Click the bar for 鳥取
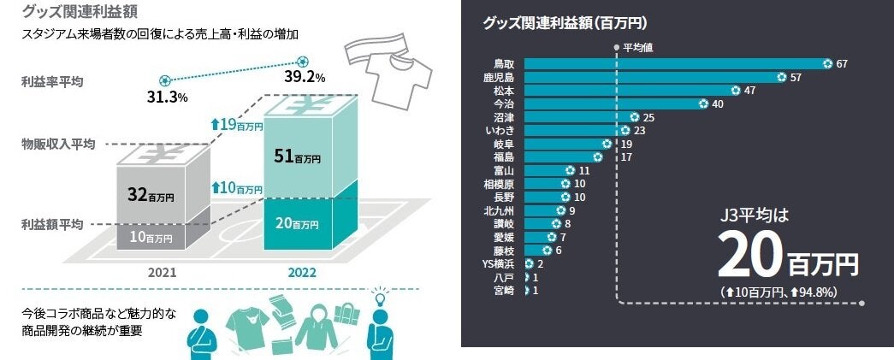[x=676, y=63]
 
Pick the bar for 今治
[x=612, y=103]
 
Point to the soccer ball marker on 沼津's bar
[x=635, y=117]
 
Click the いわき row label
[x=500, y=130]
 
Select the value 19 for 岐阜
[x=626, y=144]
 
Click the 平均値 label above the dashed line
[x=637, y=48]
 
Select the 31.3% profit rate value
[x=167, y=97]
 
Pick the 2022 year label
[x=301, y=274]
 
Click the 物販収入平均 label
[x=57, y=143]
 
